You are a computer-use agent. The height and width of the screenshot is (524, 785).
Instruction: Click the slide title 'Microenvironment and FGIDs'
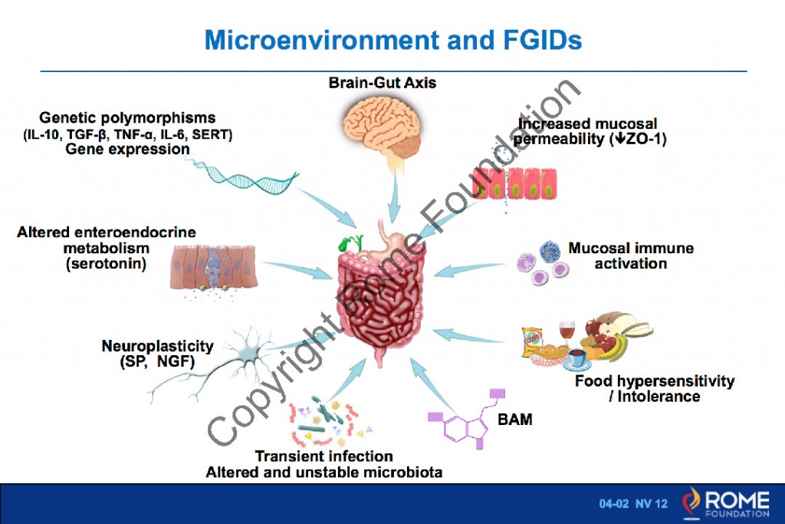coord(392,39)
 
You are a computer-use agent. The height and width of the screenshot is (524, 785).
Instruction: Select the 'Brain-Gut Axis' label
coord(383,82)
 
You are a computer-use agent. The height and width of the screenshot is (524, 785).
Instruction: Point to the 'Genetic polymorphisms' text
coord(127,118)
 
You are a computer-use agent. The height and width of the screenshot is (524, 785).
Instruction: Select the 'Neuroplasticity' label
coord(157,346)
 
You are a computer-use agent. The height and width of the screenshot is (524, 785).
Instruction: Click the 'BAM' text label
coord(515,420)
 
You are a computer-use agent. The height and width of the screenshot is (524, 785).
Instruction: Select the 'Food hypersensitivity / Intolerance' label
coord(654,388)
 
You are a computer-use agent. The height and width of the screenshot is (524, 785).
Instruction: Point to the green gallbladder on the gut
coord(347,243)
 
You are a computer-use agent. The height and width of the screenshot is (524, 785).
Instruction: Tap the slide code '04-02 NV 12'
coord(633,503)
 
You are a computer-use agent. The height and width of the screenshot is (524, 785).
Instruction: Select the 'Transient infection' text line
coord(324,456)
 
